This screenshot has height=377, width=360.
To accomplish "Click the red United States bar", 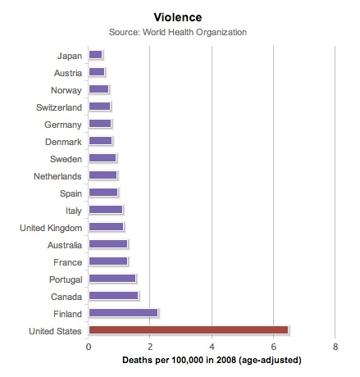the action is tap(189, 330).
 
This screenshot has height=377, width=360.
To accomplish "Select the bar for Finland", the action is tap(123, 313).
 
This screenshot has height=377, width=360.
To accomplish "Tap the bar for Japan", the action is tap(95, 55).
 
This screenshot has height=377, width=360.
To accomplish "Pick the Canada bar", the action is tap(113, 296).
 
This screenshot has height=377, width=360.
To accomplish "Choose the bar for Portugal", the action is tap(112, 279).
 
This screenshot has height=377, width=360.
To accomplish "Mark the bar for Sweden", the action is tap(103, 158).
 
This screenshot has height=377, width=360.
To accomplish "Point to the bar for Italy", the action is tap(106, 210).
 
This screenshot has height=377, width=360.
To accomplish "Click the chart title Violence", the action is tap(178, 17).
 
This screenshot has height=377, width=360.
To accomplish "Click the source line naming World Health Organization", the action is tap(178, 32).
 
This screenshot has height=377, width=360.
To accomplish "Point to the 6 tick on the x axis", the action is tap(273, 347).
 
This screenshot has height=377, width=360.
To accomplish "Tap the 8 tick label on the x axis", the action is tap(335, 347).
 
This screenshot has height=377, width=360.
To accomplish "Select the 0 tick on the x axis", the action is tap(89, 347).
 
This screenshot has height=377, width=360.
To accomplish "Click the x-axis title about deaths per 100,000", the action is tap(212, 360).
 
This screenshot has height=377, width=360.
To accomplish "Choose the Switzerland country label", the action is tap(59, 107).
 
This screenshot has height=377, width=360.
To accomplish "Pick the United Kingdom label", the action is tap(51, 228).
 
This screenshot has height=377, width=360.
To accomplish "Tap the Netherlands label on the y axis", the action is tap(57, 176).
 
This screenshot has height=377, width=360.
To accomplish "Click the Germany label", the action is tap(63, 125).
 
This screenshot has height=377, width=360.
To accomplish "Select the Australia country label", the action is tap(65, 245).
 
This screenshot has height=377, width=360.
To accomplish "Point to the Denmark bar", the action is tap(100, 141).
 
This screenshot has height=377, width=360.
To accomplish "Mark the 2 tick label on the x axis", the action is tap(150, 347).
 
